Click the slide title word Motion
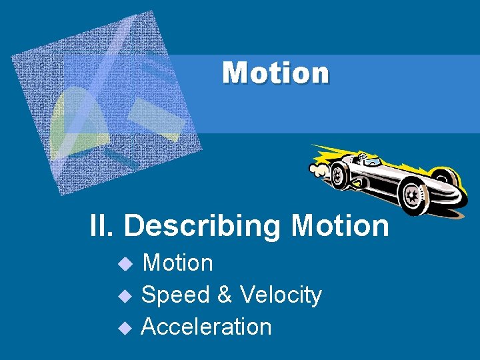275,73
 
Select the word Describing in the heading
202,227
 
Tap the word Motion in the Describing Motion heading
340,226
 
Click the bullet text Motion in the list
178,263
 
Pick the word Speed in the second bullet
173,295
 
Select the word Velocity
281,295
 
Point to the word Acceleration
207,327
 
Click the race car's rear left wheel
338,175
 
